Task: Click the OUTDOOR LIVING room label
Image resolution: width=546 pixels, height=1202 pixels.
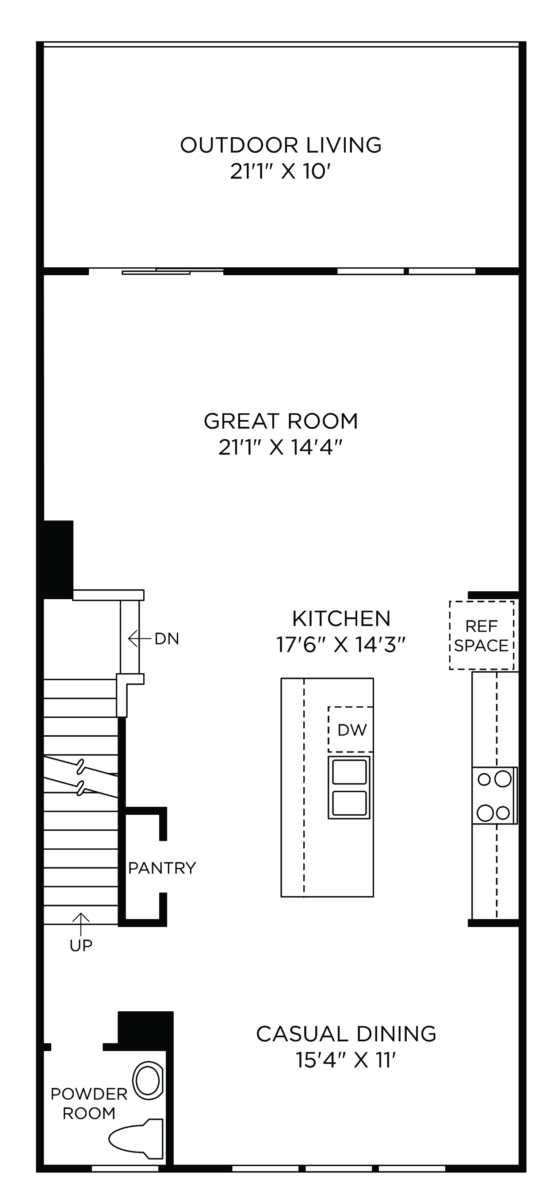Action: click(281, 145)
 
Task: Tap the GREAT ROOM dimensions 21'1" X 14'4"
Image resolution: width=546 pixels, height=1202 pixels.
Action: click(281, 447)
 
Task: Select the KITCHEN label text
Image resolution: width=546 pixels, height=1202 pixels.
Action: click(341, 619)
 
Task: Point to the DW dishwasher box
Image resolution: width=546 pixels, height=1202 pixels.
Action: click(351, 729)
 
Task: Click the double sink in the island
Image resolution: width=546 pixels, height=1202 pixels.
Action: click(349, 787)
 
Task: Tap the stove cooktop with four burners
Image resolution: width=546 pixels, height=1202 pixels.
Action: click(494, 796)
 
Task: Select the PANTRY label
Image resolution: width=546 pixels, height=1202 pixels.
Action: click(162, 868)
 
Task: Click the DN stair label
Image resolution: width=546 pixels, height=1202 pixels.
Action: click(167, 639)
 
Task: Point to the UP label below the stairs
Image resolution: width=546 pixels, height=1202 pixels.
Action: click(81, 945)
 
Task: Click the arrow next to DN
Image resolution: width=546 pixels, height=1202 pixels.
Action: click(139, 638)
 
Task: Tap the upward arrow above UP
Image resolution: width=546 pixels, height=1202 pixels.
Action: click(81, 924)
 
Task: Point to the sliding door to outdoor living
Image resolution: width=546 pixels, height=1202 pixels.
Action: click(156, 271)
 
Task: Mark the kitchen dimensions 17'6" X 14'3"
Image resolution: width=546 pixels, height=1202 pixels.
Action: click(341, 645)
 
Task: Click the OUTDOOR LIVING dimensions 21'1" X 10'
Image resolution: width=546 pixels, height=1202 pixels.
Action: click(281, 172)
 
